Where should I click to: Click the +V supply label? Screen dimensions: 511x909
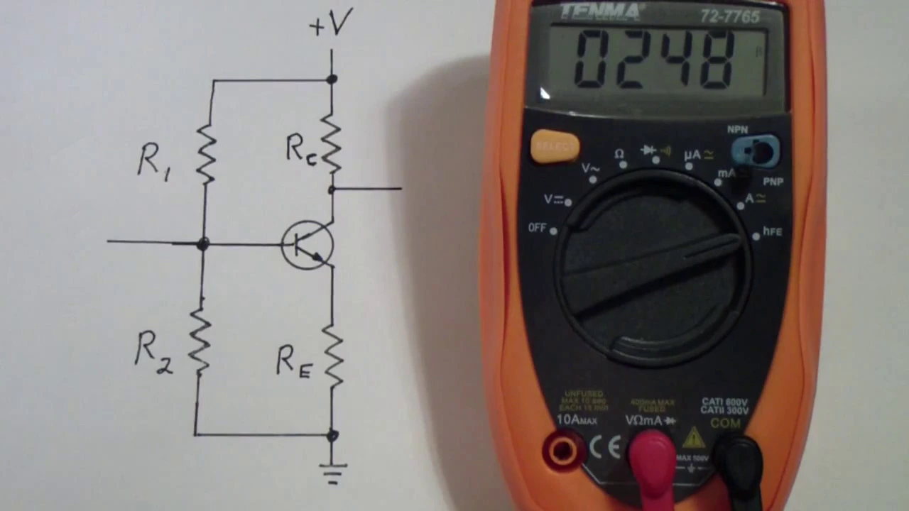pyautogui.click(x=331, y=23)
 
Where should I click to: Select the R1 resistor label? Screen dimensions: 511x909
pyautogui.click(x=153, y=161)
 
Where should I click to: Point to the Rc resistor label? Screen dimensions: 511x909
pyautogui.click(x=300, y=150)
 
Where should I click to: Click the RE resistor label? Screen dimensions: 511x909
pyautogui.click(x=293, y=363)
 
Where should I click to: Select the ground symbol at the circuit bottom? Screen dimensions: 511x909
pyautogui.click(x=332, y=472)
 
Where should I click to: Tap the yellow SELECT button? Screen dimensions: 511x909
pyautogui.click(x=555, y=146)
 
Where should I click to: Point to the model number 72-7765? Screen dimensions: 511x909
pyautogui.click(x=730, y=16)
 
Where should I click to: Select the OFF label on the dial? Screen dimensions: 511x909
pyautogui.click(x=538, y=228)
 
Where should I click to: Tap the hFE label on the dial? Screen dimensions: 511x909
pyautogui.click(x=772, y=231)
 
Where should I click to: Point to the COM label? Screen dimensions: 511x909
pyautogui.click(x=725, y=423)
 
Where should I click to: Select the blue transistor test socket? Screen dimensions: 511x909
pyautogui.click(x=756, y=151)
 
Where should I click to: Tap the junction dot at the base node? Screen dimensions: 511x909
pyautogui.click(x=203, y=244)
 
